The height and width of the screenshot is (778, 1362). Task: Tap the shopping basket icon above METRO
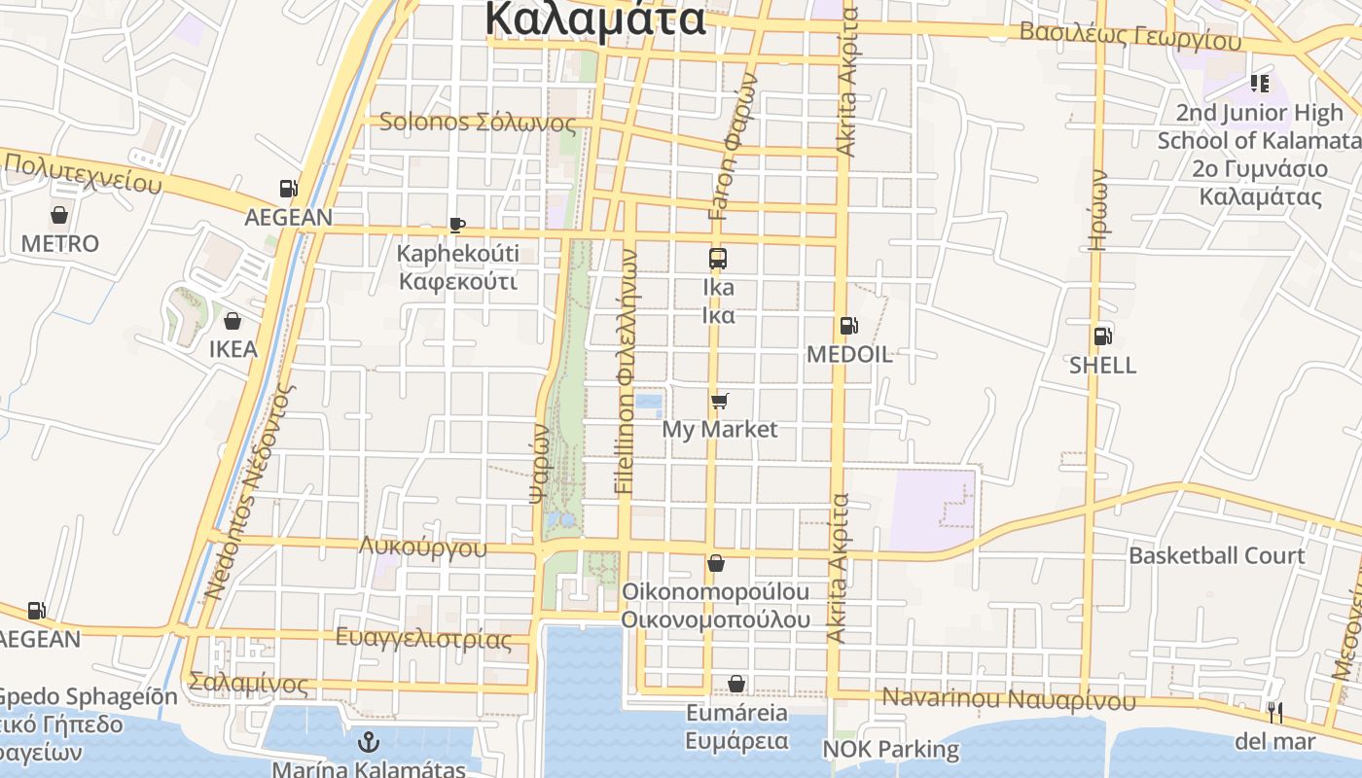tap(59, 214)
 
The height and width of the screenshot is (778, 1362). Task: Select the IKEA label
tap(233, 349)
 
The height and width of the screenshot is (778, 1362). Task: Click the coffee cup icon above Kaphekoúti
tap(457, 226)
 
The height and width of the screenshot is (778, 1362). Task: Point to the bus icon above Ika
tap(718, 259)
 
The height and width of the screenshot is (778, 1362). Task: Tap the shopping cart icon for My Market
tap(720, 401)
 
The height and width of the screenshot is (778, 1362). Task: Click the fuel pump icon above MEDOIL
tap(848, 326)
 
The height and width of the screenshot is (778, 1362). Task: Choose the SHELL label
tap(1102, 365)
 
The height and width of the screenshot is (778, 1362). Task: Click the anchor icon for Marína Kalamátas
tap(369, 743)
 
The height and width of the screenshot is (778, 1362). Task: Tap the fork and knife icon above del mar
tap(1274, 713)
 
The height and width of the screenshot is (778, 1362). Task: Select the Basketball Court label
tap(1216, 555)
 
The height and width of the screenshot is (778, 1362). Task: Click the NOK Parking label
tap(890, 750)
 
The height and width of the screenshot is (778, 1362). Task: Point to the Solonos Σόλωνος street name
tap(477, 123)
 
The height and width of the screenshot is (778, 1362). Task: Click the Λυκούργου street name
tap(423, 547)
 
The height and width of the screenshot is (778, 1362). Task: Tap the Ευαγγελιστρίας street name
tap(423, 639)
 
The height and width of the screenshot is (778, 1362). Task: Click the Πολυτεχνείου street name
tap(83, 173)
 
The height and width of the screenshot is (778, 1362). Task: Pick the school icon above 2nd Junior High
tap(1260, 84)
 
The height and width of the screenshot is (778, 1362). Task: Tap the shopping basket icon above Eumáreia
tap(736, 685)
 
